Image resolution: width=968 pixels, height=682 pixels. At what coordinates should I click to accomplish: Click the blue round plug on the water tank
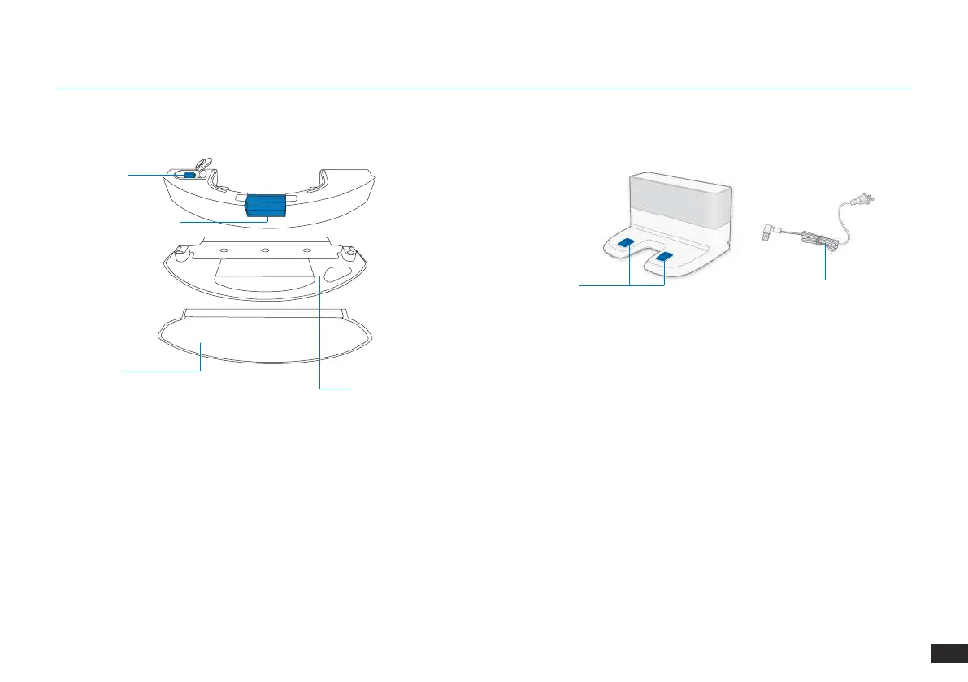coord(189,174)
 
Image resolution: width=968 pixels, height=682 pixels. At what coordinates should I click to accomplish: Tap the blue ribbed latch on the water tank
coord(267,205)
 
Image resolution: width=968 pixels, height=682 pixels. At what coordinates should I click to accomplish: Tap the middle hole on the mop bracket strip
coord(265,250)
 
